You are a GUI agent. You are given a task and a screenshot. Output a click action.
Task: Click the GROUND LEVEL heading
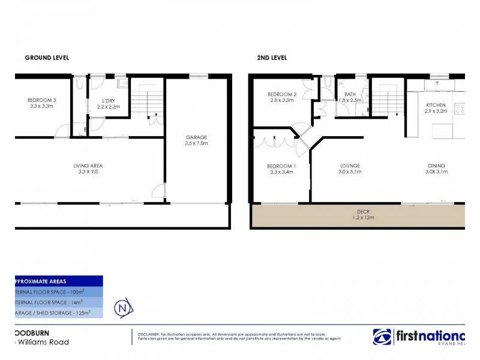point(46,58)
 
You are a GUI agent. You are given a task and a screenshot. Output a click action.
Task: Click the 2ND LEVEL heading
point(272,58)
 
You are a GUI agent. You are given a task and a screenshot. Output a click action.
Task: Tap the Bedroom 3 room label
point(41,100)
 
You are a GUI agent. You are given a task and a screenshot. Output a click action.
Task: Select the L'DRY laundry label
point(109,100)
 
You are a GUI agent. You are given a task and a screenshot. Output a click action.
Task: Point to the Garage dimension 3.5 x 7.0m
point(196,143)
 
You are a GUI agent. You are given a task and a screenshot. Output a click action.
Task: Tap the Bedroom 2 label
point(281,94)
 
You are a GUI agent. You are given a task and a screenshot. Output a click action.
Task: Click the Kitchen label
point(436,105)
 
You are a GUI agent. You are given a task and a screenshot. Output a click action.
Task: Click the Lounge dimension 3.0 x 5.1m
point(349,172)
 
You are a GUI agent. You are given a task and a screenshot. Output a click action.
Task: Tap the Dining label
point(436,165)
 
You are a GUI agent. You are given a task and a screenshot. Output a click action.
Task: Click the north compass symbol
point(124,308)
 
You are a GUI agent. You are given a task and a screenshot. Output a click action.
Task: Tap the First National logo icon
point(382,337)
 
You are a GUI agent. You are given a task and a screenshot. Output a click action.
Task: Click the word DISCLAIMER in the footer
point(148,333)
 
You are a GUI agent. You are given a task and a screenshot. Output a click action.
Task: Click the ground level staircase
point(146,101)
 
